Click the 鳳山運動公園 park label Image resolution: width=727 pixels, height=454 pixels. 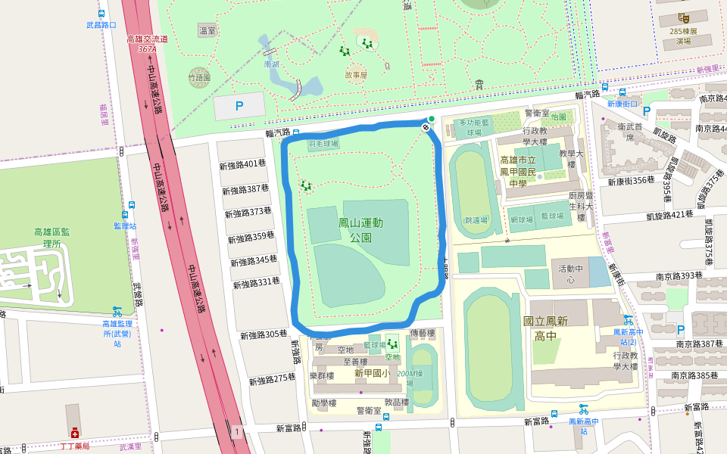tap(360, 229)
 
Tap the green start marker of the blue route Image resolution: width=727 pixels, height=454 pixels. tap(432, 119)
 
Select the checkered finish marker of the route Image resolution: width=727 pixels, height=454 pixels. tap(426, 128)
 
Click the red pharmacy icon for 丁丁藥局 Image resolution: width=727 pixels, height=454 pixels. tap(75, 434)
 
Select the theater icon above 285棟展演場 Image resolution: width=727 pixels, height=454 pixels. tap(683, 17)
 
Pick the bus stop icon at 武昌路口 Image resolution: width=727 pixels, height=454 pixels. tap(101, 14)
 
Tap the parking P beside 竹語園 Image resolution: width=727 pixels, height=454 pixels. tap(239, 107)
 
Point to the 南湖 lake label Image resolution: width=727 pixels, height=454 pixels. tap(271, 65)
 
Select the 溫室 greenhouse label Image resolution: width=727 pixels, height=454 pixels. tap(207, 30)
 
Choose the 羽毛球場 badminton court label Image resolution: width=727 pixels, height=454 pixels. tap(323, 143)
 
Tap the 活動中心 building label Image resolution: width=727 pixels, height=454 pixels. tap(572, 273)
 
